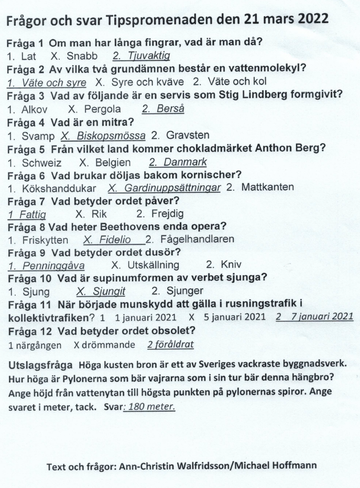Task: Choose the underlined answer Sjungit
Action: tap(106, 291)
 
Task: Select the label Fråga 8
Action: tap(26, 226)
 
